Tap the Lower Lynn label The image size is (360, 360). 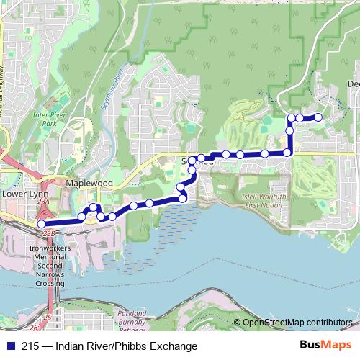point(24,194)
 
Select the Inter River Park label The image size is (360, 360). point(44,118)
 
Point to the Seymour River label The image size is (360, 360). point(116,91)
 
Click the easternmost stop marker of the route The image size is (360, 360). point(318,117)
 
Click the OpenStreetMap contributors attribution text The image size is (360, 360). point(297,323)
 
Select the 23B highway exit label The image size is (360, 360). point(49,233)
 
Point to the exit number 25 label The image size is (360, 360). point(48,318)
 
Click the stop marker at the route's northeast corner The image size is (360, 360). point(291,117)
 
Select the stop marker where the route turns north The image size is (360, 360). point(287,153)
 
